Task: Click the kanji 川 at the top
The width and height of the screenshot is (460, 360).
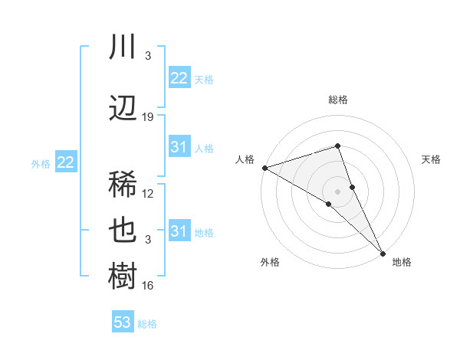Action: tap(123, 47)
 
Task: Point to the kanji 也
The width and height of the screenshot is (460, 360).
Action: tap(123, 231)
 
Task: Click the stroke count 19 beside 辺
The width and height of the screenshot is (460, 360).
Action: tap(148, 117)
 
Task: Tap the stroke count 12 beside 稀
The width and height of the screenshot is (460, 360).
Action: tap(148, 194)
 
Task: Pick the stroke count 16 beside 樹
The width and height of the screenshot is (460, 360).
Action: tap(148, 286)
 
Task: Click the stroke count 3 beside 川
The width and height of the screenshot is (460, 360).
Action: tap(148, 56)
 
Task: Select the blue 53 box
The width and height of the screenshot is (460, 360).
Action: tap(123, 322)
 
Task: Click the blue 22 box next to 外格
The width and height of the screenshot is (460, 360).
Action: tap(65, 162)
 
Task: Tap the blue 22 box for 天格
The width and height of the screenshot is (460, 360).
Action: tap(179, 77)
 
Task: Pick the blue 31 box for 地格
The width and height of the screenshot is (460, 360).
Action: tap(179, 231)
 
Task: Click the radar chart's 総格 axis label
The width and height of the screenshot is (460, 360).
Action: tap(338, 100)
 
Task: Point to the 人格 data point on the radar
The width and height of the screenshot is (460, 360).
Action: tap(264, 168)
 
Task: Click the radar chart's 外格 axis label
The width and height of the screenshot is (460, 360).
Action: tap(270, 262)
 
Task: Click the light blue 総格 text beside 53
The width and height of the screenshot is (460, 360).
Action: tap(147, 324)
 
